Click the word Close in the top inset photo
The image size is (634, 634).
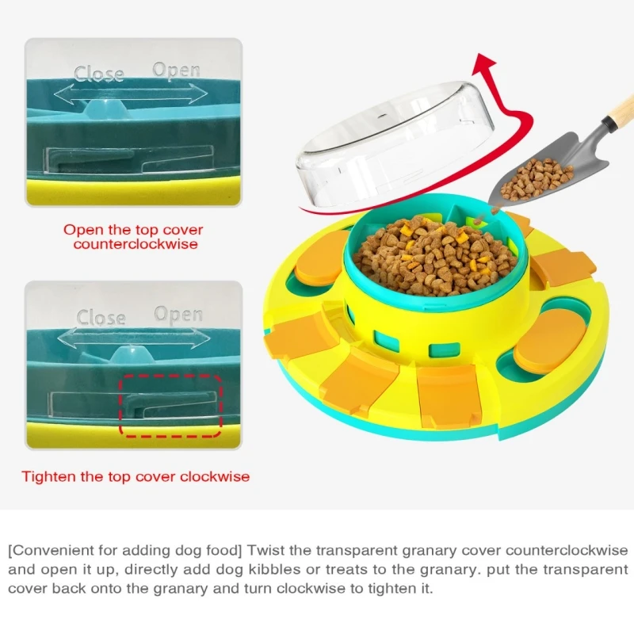pos(98,74)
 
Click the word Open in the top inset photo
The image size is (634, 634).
pos(176,71)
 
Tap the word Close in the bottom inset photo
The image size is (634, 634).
pos(101,318)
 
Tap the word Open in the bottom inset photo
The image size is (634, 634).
pos(178,314)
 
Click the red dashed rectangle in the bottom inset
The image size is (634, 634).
pos(120,406)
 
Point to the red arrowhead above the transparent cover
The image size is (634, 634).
pos(484,64)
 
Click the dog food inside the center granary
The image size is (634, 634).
pos(434,256)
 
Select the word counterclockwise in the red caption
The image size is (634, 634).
pos(136,244)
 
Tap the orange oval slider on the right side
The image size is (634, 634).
pos(550,342)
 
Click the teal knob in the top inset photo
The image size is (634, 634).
pos(105,109)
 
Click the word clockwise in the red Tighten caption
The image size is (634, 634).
pos(215,476)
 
